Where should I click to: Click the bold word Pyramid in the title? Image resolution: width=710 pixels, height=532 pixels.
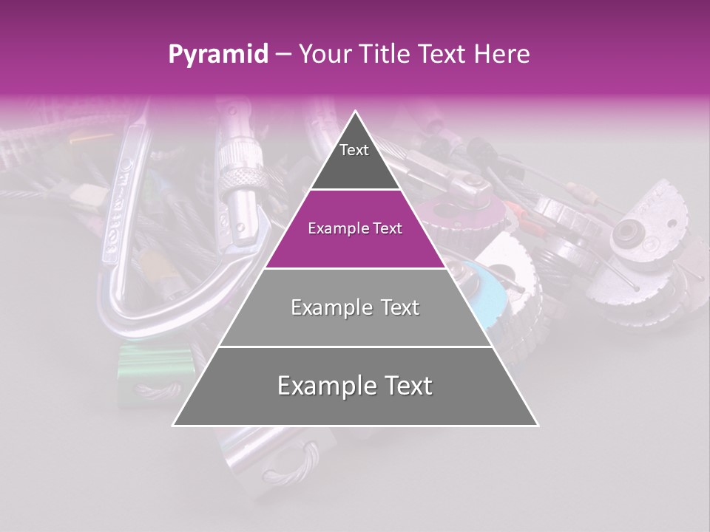pos(217,55)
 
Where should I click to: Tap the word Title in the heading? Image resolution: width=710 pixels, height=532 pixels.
pos(387,55)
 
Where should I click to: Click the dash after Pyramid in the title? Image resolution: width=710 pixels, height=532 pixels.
pos(282,55)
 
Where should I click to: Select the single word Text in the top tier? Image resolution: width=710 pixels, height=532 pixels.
pos(354,150)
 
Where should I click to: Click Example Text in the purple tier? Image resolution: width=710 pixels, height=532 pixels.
pos(355,228)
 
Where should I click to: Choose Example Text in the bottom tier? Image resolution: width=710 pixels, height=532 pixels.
pos(355,386)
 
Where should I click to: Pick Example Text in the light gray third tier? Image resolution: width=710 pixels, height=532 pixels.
pos(355,307)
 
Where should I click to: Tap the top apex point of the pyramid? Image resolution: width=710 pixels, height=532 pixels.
pos(356,112)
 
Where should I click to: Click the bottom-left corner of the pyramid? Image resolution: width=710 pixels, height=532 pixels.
pos(174,425)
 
